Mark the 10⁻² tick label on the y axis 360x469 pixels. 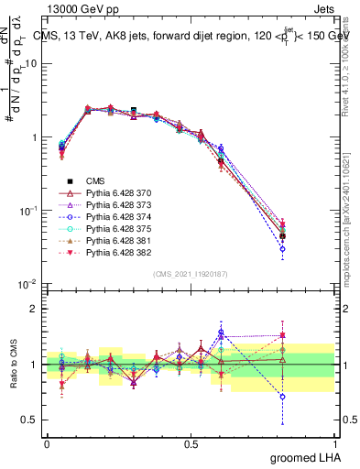click(29, 284)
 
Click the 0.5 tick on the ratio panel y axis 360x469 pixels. click(32, 420)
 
